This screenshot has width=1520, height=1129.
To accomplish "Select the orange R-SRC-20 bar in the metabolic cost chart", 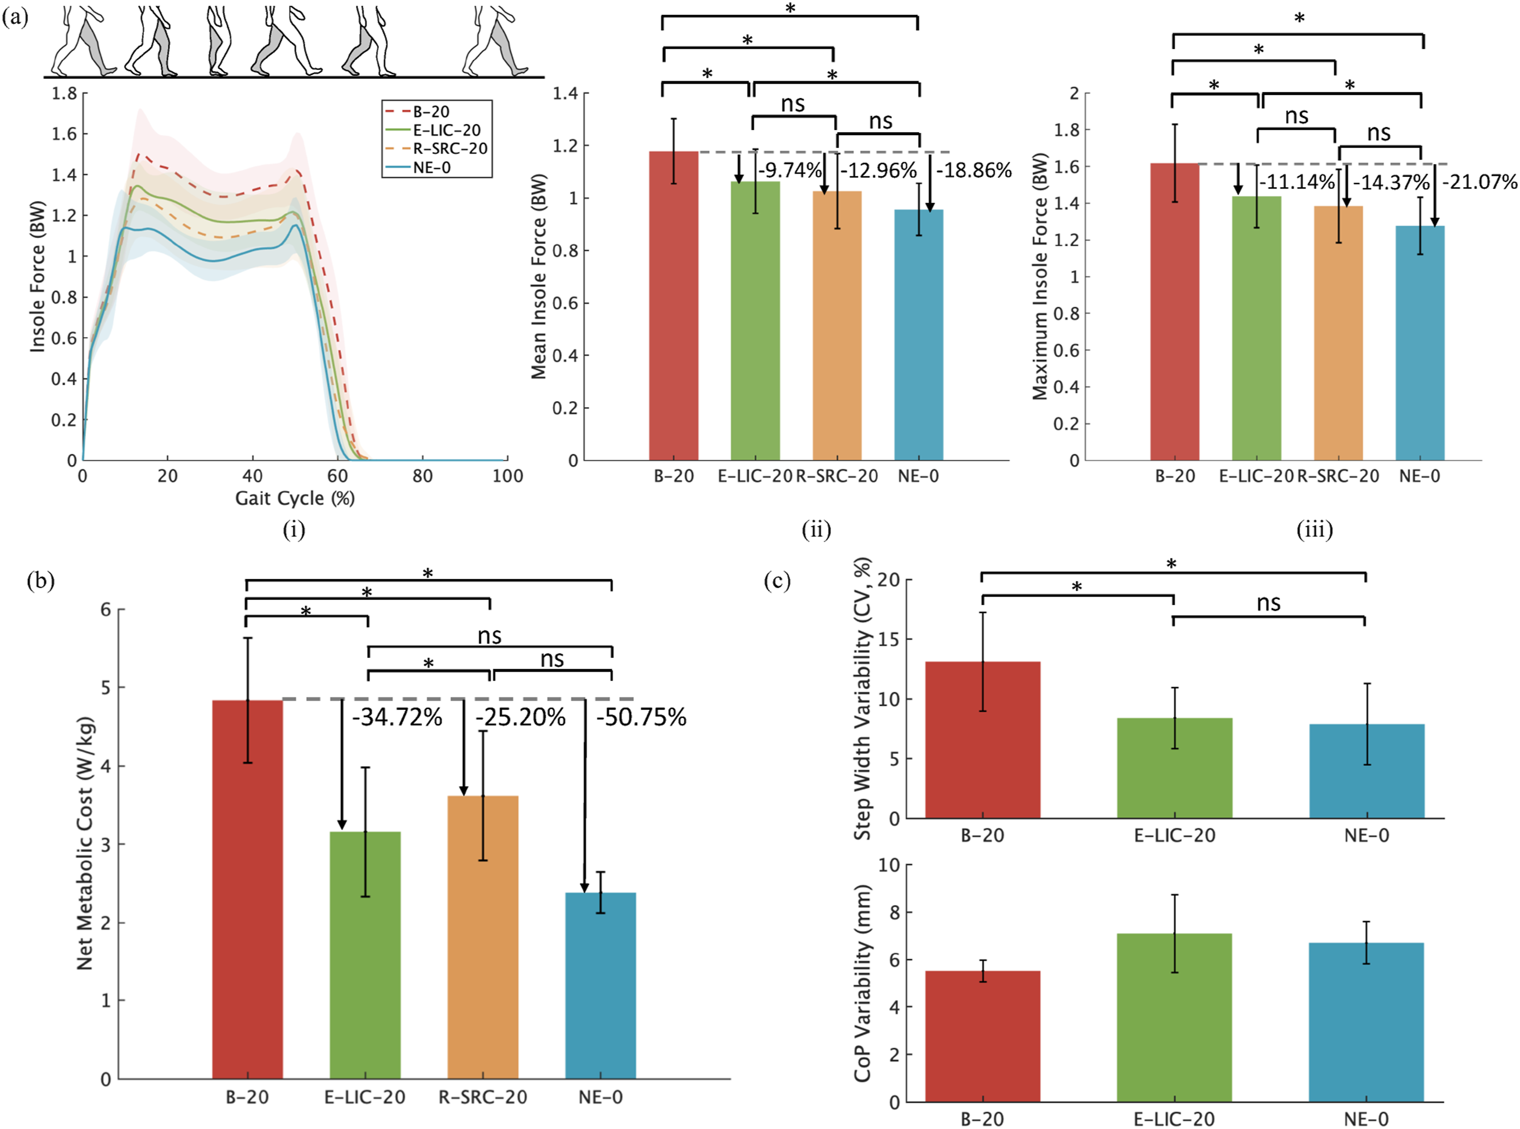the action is tap(483, 938).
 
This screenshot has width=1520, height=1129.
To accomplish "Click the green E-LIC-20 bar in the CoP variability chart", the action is tap(1174, 1018).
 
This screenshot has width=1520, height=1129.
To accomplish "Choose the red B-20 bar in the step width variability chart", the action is tap(983, 740).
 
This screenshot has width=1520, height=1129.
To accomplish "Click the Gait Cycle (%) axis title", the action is tap(294, 498).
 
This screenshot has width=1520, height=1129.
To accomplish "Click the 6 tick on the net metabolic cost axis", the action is tap(106, 610).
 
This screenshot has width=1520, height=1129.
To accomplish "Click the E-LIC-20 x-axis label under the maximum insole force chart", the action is tap(1256, 476).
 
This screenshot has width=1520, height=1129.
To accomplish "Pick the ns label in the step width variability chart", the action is tap(1268, 603).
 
